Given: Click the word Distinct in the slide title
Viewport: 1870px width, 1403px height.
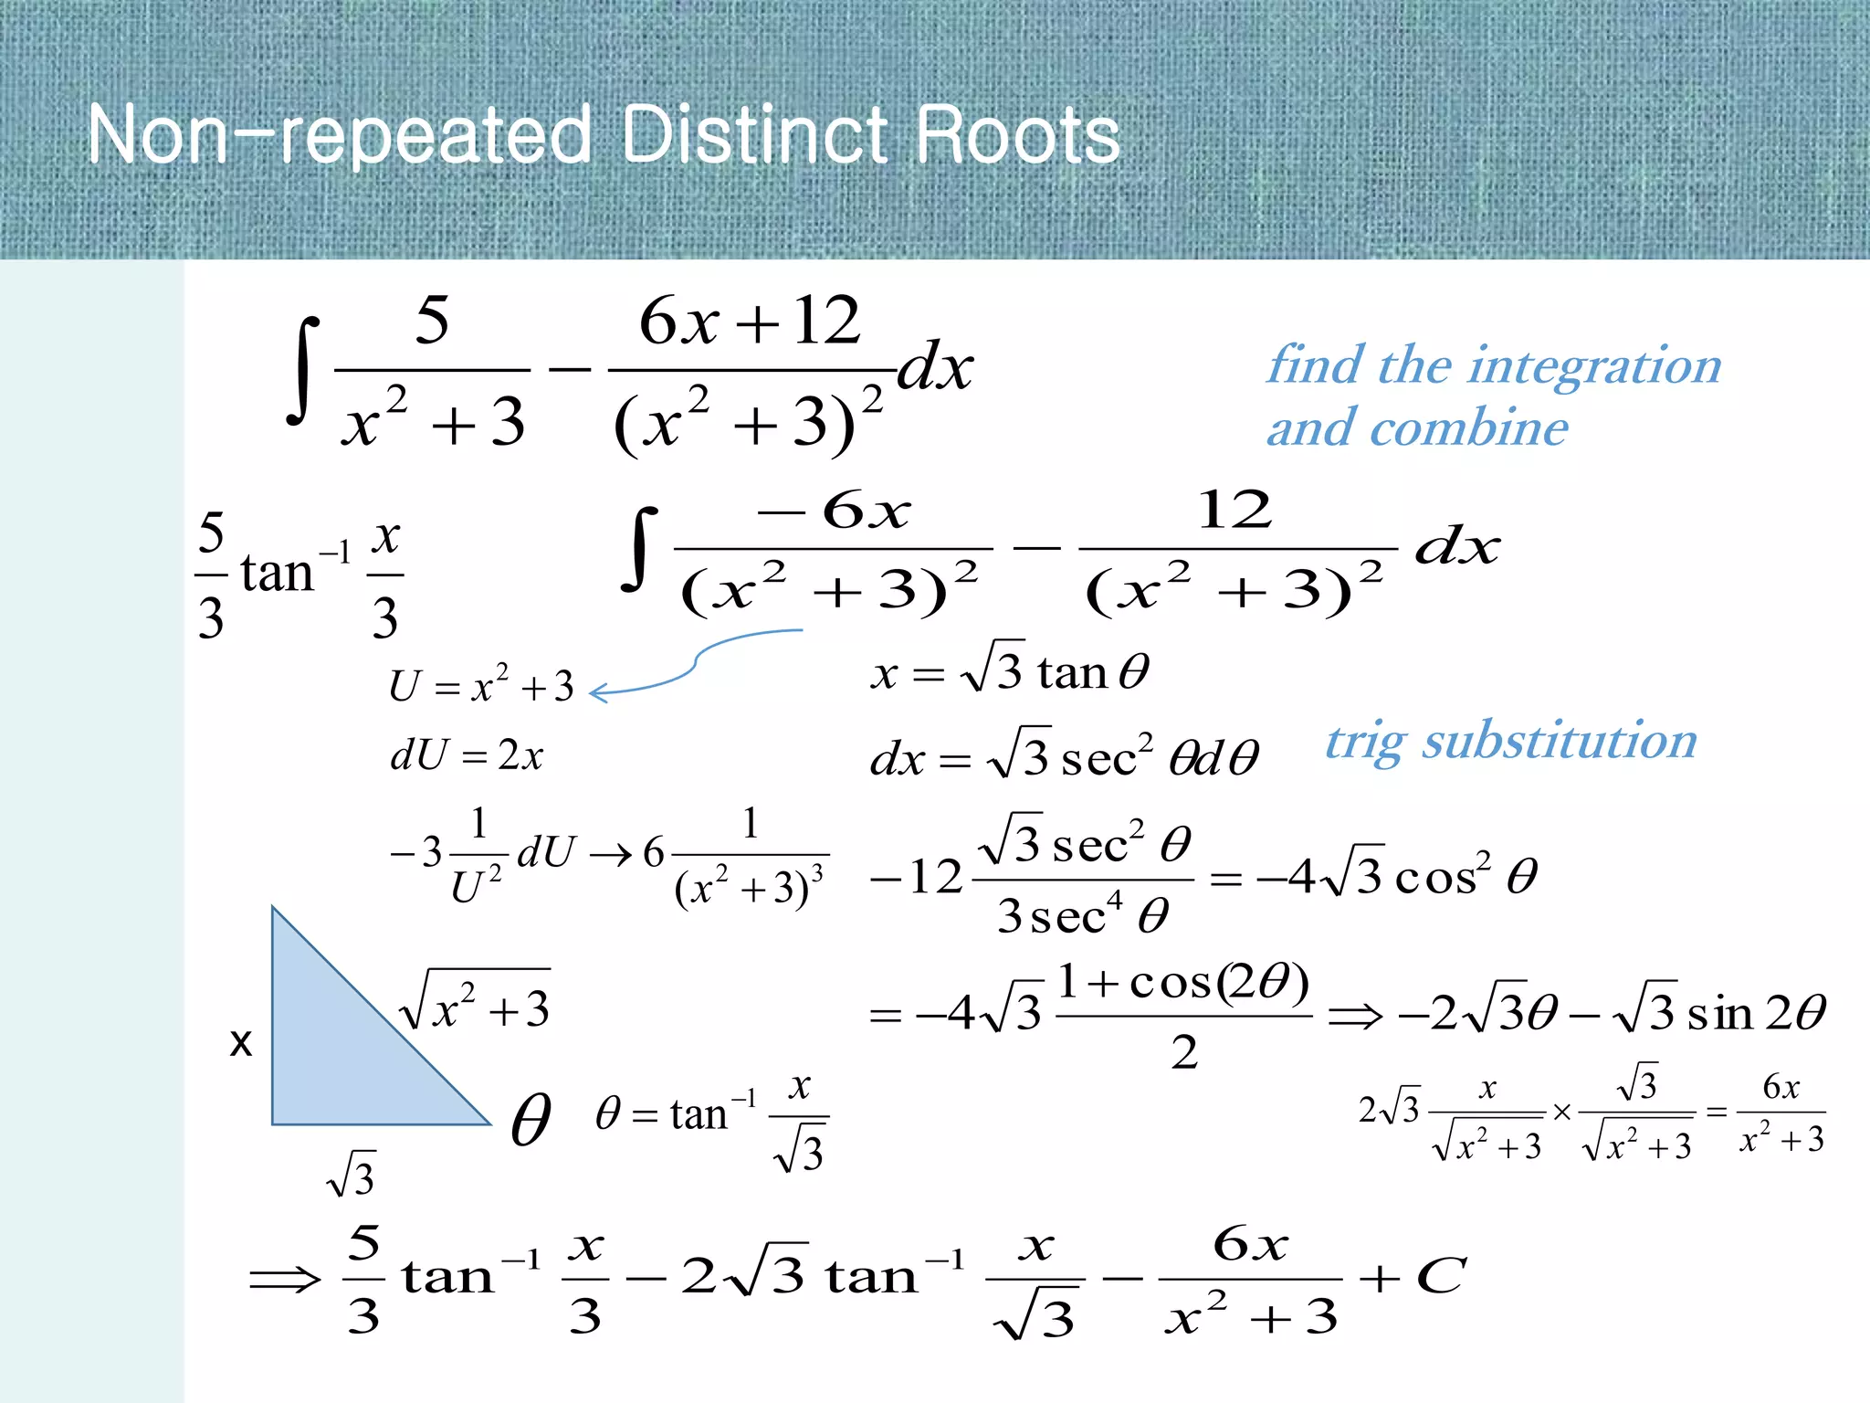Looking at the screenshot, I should [x=753, y=135].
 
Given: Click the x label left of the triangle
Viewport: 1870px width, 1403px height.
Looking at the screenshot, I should [x=240, y=1042].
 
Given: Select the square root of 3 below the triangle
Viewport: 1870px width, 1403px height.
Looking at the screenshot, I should [x=352, y=1175].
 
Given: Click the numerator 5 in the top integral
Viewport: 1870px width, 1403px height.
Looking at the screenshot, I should [x=432, y=322].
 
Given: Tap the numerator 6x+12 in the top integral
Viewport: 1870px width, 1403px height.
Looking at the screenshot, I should [x=749, y=322].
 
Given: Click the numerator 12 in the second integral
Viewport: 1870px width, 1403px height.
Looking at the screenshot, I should [x=1234, y=510].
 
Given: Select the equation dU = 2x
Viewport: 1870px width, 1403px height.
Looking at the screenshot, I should [x=467, y=755].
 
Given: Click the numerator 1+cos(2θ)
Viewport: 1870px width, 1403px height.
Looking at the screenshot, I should [x=1183, y=984].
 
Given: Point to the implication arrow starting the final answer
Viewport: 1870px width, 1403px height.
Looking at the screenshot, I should [x=285, y=1279].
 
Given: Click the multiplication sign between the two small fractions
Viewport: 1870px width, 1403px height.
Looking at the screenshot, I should [x=1561, y=1113].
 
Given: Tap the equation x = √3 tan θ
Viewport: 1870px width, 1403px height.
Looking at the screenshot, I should [x=1009, y=673].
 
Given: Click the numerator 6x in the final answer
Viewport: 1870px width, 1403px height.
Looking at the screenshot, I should [x=1250, y=1245].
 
